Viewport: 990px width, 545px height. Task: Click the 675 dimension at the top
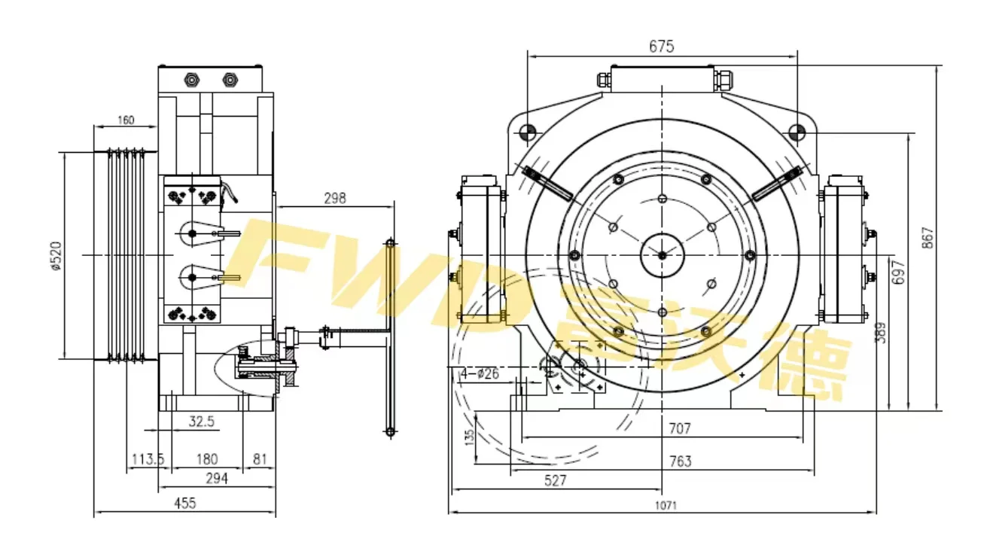point(661,46)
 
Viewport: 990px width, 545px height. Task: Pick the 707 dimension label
point(679,428)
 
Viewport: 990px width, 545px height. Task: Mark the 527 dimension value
point(554,480)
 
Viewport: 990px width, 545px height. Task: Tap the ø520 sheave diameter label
point(55,256)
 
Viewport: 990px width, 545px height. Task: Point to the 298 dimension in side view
point(334,198)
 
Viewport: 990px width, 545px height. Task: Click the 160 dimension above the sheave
point(126,120)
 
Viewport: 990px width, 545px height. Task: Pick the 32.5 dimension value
point(201,422)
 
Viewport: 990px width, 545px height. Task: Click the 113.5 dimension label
point(148,458)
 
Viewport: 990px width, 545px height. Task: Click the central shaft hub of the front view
point(661,255)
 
